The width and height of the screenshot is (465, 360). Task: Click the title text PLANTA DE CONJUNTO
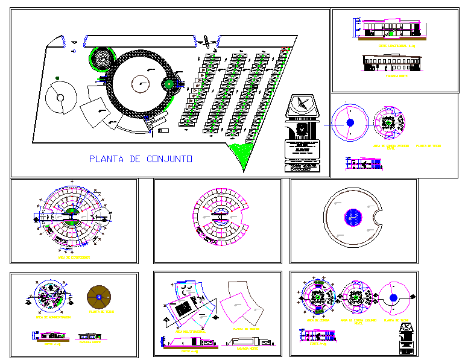(x=141, y=159)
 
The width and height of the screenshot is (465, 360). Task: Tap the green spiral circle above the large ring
(x=100, y=58)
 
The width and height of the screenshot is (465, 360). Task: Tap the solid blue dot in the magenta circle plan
(x=350, y=122)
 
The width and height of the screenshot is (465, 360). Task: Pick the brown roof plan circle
(x=99, y=296)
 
